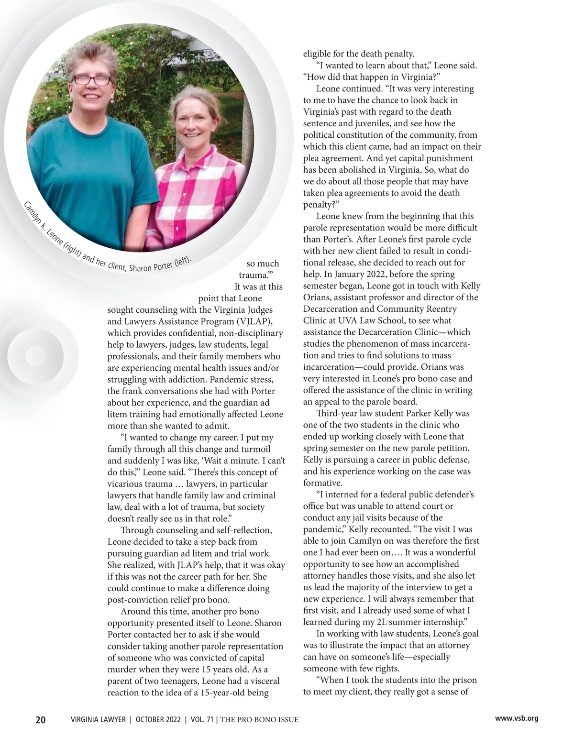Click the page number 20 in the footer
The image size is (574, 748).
[41, 720]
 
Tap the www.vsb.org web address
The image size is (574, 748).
[517, 718]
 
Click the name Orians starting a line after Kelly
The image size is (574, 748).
[317, 297]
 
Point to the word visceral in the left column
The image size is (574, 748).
[263, 681]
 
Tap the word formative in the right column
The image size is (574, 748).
[323, 483]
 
